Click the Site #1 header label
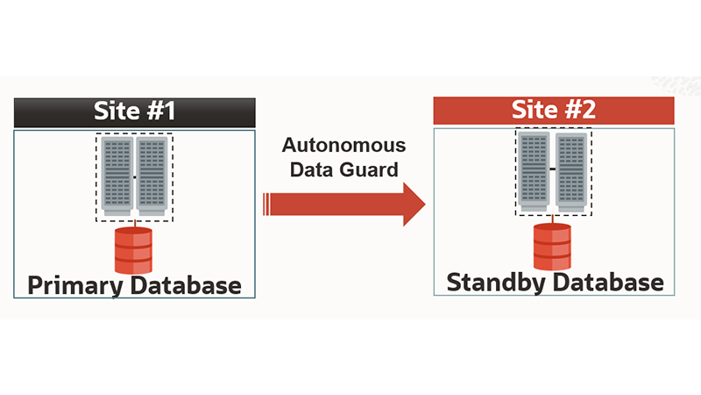point(135,112)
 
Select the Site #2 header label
point(553,111)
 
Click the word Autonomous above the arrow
point(343,146)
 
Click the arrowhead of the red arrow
point(410,204)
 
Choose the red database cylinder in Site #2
point(552,247)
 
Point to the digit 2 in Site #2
point(590,111)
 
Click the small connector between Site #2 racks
point(552,168)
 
